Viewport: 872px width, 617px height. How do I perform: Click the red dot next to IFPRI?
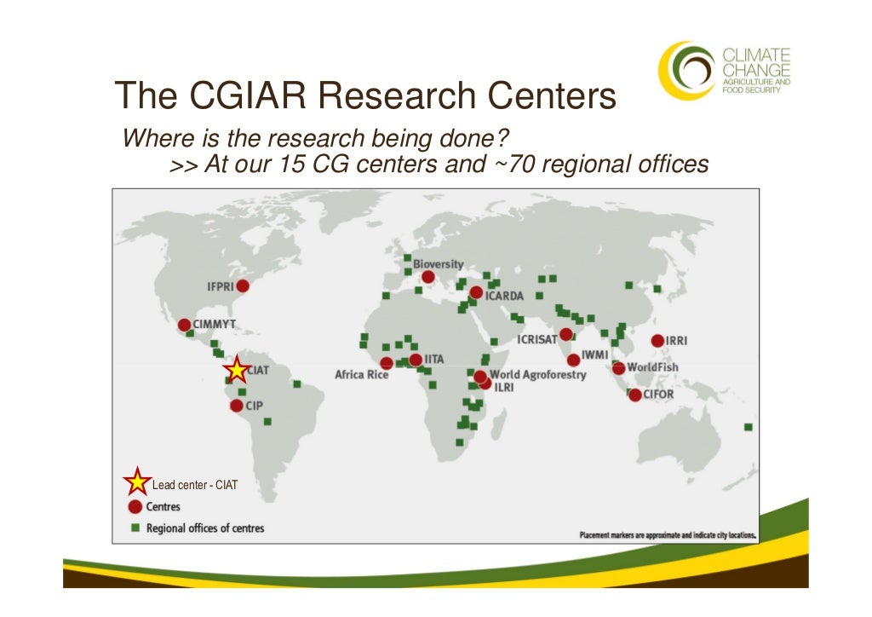pos(243,286)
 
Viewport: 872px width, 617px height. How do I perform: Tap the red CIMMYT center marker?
pos(184,325)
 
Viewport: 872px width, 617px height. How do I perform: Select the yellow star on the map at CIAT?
pos(237,371)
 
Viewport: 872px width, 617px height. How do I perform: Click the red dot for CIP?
pos(237,406)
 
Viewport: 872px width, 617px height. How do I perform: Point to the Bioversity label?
pos(439,264)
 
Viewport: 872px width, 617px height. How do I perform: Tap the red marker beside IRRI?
pos(657,341)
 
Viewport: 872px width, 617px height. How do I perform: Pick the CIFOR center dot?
pos(634,395)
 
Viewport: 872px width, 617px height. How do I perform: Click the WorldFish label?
pos(652,367)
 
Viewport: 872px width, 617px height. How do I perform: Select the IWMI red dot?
pos(573,360)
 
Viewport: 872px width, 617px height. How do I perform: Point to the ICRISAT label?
pos(537,339)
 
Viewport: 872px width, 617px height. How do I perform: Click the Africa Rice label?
pos(361,374)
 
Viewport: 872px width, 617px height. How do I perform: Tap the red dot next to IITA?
pos(415,360)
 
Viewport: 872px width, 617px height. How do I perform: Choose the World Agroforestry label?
pos(537,374)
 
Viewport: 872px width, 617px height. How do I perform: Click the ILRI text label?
pos(503,386)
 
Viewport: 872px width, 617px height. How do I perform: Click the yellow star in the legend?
pos(136,482)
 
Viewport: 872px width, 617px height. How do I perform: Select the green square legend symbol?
pos(135,528)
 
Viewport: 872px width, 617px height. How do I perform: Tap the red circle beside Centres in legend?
pos(135,506)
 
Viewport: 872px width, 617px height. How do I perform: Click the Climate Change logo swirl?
pos(686,70)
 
